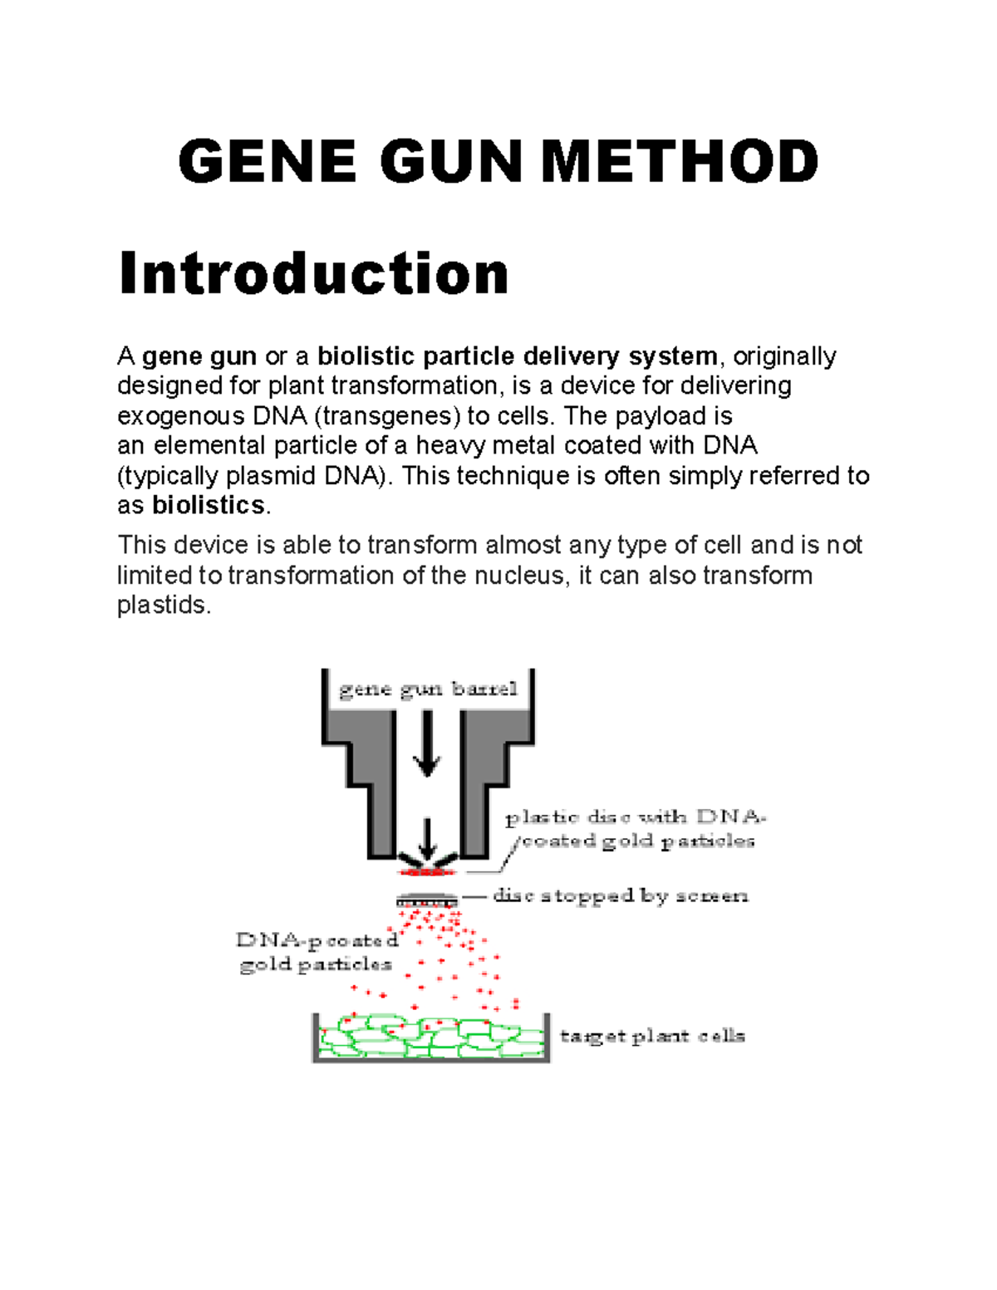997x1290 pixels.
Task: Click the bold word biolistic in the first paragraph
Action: tap(366, 356)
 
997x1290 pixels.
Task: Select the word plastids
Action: tap(162, 605)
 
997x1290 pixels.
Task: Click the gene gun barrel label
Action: tap(428, 690)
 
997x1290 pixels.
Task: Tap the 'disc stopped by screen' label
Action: tap(620, 896)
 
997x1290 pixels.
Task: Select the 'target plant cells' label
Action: tap(652, 1036)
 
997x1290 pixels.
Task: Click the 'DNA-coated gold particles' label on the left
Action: tap(317, 952)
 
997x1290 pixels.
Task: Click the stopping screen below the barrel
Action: tap(426, 900)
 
